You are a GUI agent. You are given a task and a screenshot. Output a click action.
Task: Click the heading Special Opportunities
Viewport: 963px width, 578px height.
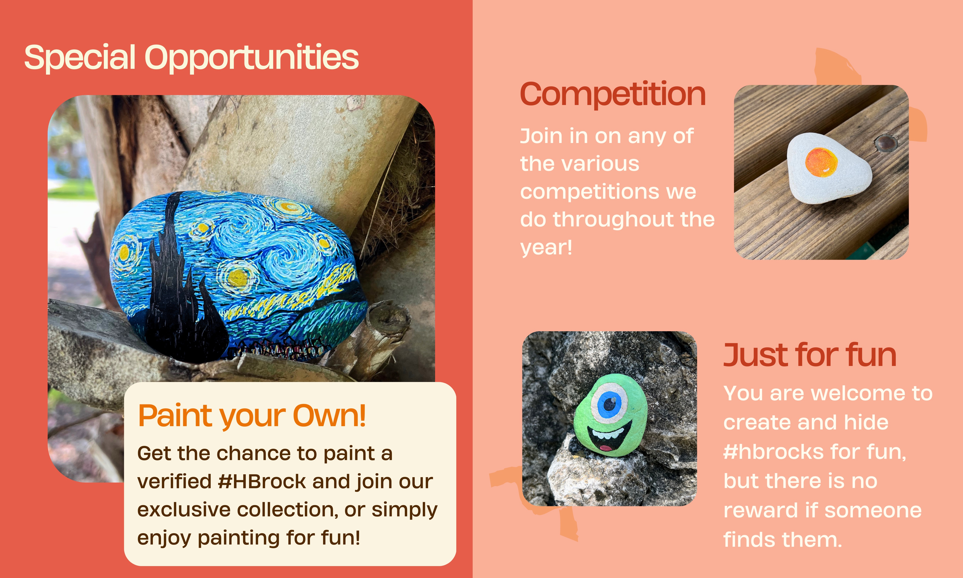pyautogui.click(x=191, y=58)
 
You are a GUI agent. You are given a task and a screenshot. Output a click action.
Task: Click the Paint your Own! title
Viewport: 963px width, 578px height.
pyautogui.click(x=252, y=416)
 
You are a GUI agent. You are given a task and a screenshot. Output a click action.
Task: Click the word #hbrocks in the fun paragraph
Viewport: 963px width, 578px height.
pyautogui.click(x=773, y=452)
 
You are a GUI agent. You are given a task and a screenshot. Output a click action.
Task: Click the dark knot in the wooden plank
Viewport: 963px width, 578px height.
pyautogui.click(x=886, y=143)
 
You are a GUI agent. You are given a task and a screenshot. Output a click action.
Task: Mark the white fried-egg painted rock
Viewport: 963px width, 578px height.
pyautogui.click(x=829, y=168)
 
